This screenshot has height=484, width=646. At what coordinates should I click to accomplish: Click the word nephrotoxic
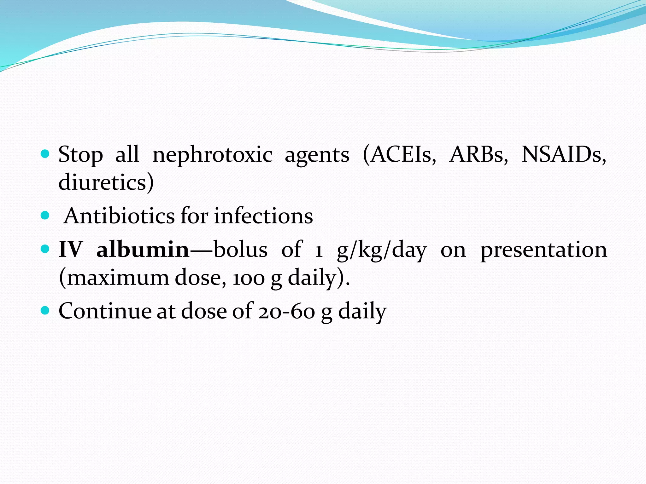(212, 155)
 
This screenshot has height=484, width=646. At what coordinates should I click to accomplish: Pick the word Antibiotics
(119, 216)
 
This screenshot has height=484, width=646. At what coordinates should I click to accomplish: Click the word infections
(263, 216)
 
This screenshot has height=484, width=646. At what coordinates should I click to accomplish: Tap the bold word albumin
(143, 250)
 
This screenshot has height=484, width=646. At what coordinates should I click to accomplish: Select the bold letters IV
(70, 250)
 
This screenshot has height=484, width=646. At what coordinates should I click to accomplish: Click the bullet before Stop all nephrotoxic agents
(45, 154)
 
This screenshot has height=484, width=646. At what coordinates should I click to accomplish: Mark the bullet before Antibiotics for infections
(45, 216)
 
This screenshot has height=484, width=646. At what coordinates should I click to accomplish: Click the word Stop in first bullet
(81, 155)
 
